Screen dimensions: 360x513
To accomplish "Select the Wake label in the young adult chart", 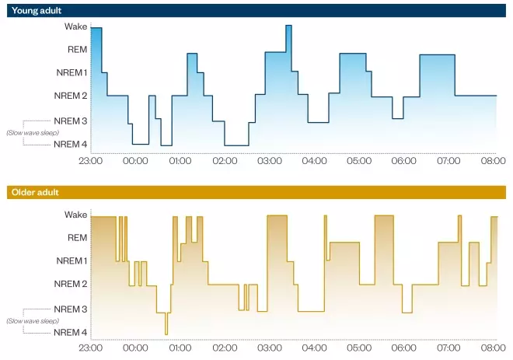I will click(x=75, y=26).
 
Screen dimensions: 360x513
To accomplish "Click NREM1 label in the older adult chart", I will click(x=71, y=260).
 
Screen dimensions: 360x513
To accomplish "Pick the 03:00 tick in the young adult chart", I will click(x=270, y=161).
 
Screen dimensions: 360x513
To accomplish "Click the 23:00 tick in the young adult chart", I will click(x=91, y=161).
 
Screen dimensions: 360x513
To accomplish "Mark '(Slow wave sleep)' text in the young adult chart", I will click(x=33, y=132).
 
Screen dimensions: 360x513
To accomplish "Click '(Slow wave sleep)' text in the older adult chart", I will click(x=33, y=320).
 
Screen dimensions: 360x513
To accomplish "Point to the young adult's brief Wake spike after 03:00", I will click(x=288, y=27).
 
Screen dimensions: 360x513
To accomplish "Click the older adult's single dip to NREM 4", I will click(x=166, y=332).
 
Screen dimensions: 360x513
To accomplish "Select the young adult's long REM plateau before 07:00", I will click(x=437, y=55).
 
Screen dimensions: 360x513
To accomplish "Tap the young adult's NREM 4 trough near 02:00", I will click(x=236, y=145).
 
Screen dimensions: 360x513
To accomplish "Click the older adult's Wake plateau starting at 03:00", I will click(x=277, y=216).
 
